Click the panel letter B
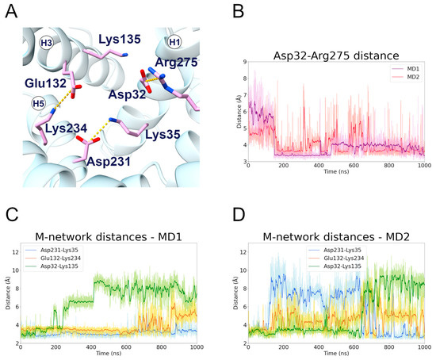click(x=232, y=10)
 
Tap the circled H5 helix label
click(x=37, y=103)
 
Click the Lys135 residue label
click(x=120, y=38)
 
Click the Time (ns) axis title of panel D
click(x=337, y=354)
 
